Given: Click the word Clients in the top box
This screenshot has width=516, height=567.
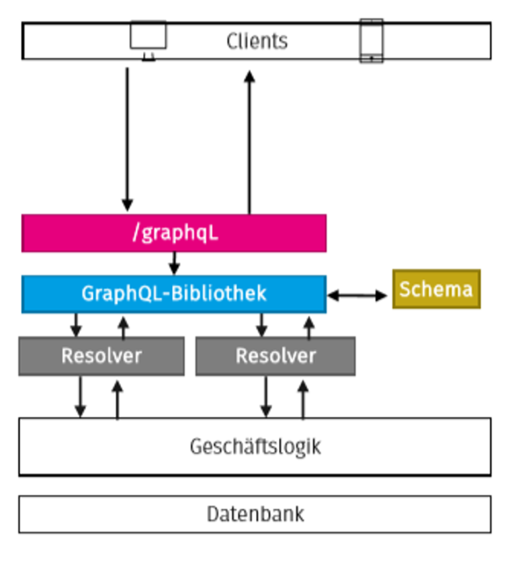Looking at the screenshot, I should click(x=257, y=41).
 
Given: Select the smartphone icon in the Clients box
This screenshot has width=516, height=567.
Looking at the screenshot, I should click(x=371, y=41).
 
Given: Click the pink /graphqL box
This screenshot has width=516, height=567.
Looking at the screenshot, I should click(x=174, y=233).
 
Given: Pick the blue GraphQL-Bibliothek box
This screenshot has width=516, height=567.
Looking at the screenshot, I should click(x=174, y=294).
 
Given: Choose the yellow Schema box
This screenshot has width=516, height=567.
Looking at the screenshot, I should click(x=436, y=289).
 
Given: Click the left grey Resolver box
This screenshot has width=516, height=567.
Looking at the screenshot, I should click(x=101, y=356).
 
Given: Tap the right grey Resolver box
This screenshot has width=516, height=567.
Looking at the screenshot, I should click(x=275, y=356).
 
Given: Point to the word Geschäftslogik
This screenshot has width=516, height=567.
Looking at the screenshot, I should click(x=255, y=447).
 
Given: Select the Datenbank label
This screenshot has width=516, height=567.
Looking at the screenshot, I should click(x=255, y=515).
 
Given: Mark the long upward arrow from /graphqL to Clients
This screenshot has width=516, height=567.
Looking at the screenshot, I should click(x=249, y=141).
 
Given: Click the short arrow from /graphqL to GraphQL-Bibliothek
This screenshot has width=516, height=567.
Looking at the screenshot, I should click(x=174, y=263).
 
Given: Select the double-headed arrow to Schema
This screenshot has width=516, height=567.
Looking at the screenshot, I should click(x=357, y=295).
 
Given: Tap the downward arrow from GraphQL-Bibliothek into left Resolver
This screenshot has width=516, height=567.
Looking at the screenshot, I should click(x=76, y=325).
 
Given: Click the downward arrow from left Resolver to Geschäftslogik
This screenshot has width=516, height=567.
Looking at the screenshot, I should click(x=81, y=397).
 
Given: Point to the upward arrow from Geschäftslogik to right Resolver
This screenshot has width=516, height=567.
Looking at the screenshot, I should click(x=302, y=400).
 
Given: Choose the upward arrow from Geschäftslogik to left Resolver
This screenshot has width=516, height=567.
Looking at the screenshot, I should click(x=117, y=400).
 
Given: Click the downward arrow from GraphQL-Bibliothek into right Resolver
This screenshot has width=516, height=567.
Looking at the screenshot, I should click(x=262, y=325).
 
